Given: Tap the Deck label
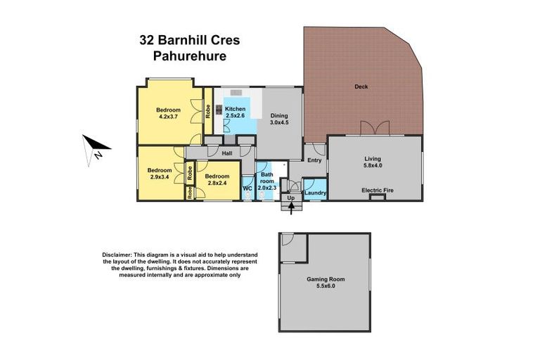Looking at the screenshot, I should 361,87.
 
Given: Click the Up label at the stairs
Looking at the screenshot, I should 290,198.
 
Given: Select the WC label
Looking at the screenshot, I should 247,188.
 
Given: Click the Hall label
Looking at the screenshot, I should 227,153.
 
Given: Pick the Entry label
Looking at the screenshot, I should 314,160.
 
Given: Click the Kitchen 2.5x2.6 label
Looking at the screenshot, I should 235,113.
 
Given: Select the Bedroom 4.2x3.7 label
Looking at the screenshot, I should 169,114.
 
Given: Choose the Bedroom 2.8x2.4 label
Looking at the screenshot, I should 218,179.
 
